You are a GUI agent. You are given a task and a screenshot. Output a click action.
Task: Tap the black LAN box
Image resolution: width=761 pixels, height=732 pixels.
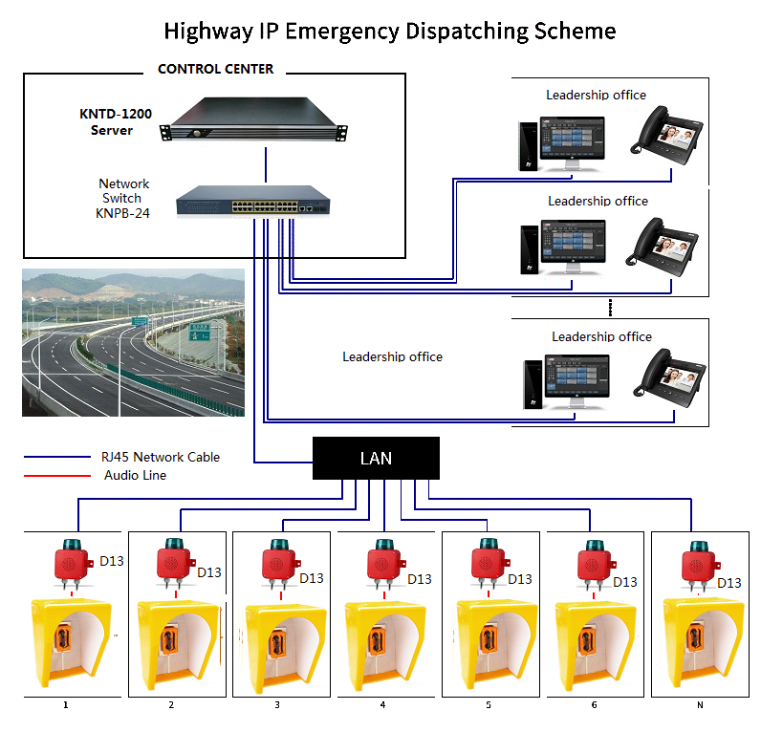[x=376, y=458]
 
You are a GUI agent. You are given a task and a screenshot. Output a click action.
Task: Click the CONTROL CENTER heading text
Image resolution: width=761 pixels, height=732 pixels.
[x=215, y=69]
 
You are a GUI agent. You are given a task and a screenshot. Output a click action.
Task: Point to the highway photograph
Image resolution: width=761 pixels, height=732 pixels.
[x=133, y=343]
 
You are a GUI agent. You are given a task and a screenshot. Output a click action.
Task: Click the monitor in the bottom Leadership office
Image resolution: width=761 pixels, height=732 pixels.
[x=577, y=381]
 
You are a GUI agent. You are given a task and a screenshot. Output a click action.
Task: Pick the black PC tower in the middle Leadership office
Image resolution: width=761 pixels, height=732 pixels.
[x=529, y=250]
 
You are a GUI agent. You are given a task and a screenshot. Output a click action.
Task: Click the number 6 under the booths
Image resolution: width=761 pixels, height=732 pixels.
[x=594, y=705]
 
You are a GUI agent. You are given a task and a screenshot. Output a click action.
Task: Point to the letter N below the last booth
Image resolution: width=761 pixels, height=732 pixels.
[x=699, y=705]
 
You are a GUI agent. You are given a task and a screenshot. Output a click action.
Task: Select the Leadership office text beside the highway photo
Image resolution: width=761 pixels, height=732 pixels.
[x=392, y=356]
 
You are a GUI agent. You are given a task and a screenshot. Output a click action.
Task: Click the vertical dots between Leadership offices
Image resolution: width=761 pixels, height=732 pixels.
[x=609, y=307]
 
